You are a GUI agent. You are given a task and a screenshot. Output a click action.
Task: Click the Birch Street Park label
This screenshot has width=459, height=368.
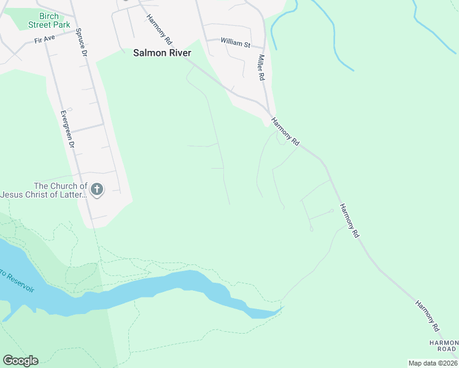(49, 20)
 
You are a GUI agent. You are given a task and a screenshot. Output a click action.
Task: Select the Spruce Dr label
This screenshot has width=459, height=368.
(80, 42)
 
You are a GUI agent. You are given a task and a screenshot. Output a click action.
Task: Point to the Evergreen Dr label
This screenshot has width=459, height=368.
(67, 129)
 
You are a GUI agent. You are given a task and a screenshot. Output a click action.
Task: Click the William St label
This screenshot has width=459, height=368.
(236, 44)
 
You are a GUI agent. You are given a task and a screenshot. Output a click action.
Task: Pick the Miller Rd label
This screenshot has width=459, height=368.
(261, 67)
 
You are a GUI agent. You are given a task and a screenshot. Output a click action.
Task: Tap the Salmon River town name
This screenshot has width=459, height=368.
(162, 53)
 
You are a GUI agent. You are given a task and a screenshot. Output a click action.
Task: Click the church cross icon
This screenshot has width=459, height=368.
(97, 190)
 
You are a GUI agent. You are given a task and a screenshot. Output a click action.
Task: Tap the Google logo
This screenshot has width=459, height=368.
(20, 361)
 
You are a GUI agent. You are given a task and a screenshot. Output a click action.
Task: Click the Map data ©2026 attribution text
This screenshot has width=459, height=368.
(433, 363)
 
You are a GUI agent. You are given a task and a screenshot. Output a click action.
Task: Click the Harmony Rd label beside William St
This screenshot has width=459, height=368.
(159, 29)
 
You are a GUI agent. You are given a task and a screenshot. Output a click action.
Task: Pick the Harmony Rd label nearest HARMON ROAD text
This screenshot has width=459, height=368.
(427, 312)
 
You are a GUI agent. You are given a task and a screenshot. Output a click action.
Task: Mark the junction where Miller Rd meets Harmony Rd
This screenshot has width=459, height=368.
(269, 112)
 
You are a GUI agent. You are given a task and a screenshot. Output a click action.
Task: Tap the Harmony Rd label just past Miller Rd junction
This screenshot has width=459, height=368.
(286, 131)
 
